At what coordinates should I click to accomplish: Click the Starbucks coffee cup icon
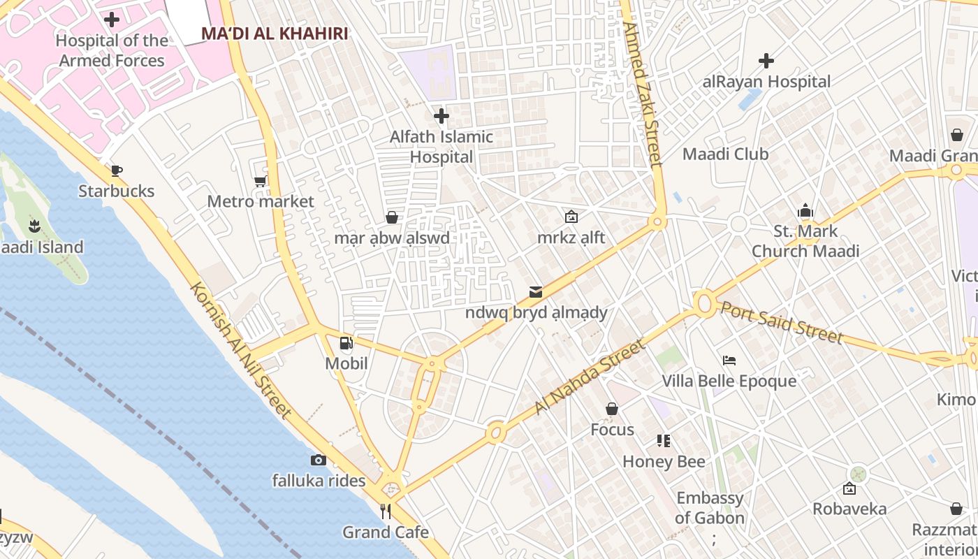pos(117,170)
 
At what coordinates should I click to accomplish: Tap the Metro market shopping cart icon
pos(261,182)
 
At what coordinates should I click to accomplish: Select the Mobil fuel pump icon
pos(346,343)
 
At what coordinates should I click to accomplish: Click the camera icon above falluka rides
pos(319,460)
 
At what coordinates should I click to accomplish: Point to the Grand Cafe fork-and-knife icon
pos(386,511)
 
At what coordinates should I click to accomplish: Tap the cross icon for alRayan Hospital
pos(766,61)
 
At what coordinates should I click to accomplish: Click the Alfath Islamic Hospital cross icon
pos(441,116)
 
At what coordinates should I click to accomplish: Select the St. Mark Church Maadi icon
pos(805,210)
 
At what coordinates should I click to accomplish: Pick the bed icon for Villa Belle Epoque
pos(729,361)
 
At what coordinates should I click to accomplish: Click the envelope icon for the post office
pos(536,292)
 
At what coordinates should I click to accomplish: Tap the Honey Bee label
pos(664,462)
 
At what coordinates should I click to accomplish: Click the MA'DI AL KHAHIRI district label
pos(275,34)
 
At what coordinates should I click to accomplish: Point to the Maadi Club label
pos(725,154)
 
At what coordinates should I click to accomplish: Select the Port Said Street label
pos(782,322)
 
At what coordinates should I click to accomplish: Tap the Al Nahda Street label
pos(588,377)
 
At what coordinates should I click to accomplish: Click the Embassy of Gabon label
pos(710,508)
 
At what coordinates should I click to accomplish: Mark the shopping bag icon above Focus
pos(612,409)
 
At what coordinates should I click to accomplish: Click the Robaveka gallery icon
pos(849,488)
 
